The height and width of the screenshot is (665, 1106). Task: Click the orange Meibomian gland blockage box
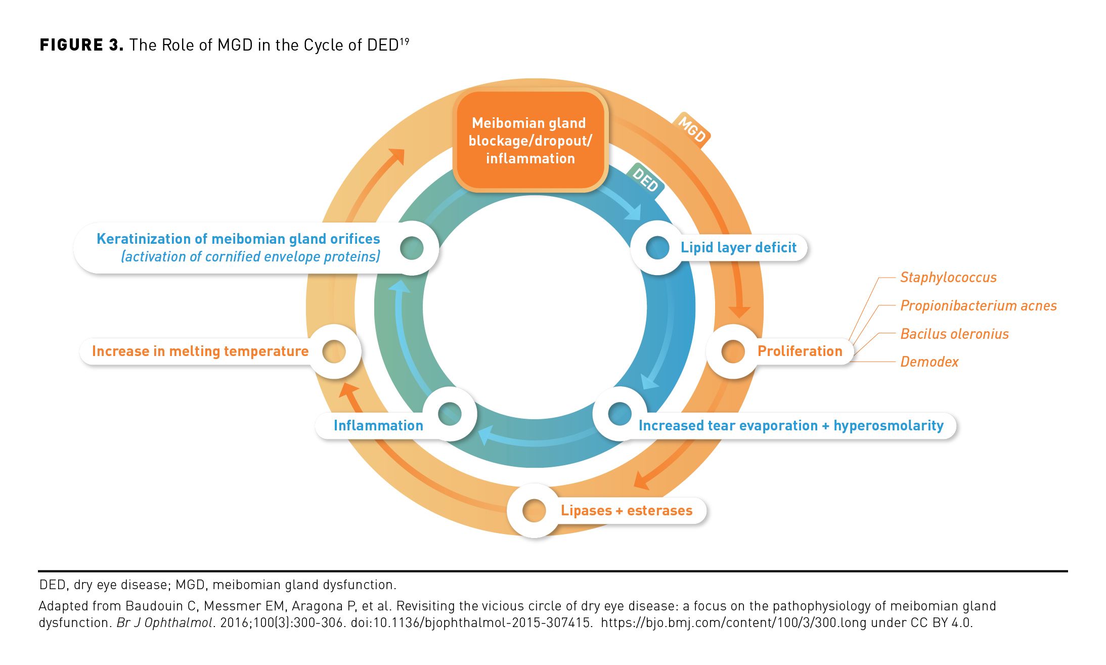[530, 141]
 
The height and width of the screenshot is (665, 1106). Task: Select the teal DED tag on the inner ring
[645, 180]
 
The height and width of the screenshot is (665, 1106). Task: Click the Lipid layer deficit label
[738, 247]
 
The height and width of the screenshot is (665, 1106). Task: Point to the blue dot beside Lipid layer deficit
[657, 248]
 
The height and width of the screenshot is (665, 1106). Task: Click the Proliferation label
[800, 351]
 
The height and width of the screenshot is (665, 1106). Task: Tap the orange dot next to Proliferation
[733, 351]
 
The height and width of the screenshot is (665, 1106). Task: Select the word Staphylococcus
[948, 277]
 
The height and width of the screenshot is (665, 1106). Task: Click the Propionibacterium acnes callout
[978, 305]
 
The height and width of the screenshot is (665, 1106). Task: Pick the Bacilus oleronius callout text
[954, 334]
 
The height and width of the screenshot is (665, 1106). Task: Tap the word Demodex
[929, 362]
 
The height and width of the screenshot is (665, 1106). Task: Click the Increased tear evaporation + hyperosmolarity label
[790, 425]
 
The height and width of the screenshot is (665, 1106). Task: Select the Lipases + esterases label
[626, 510]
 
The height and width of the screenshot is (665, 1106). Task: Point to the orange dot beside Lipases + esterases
[534, 510]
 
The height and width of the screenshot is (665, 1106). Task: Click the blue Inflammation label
[378, 425]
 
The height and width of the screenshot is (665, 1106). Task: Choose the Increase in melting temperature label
[200, 351]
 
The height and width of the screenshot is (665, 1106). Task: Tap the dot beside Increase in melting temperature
[334, 351]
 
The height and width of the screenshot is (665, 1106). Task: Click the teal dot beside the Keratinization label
[412, 248]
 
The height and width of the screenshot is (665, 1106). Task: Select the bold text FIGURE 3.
[81, 45]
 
